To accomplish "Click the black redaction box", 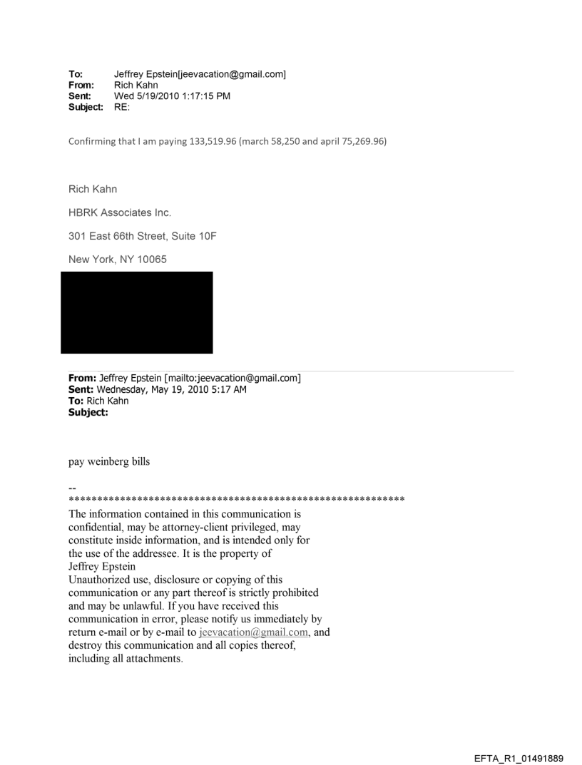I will click(x=136, y=312).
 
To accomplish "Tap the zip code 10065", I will click(x=150, y=260).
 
